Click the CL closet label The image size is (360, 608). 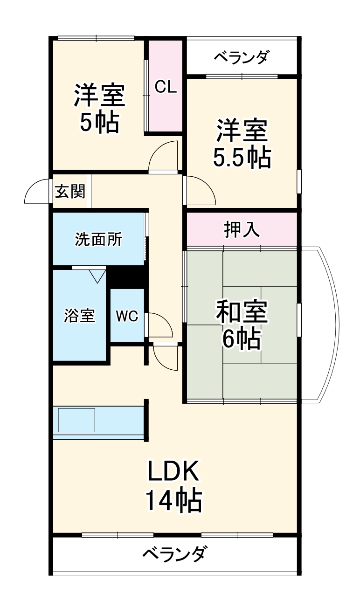tap(166, 87)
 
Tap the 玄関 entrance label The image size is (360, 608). tap(71, 191)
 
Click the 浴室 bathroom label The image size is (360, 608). tap(80, 316)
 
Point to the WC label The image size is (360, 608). tap(127, 316)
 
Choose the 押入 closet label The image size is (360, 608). tap(242, 230)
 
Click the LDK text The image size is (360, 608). tap(173, 472)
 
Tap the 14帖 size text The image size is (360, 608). tap(173, 501)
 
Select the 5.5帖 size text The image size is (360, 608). tap(242, 159)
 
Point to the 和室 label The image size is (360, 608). tap(241, 311)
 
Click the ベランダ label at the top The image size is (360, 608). tap(242, 57)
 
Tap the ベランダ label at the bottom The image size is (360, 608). tap(173, 555)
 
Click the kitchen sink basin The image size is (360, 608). tap(76, 420)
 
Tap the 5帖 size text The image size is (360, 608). tap(99, 123)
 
